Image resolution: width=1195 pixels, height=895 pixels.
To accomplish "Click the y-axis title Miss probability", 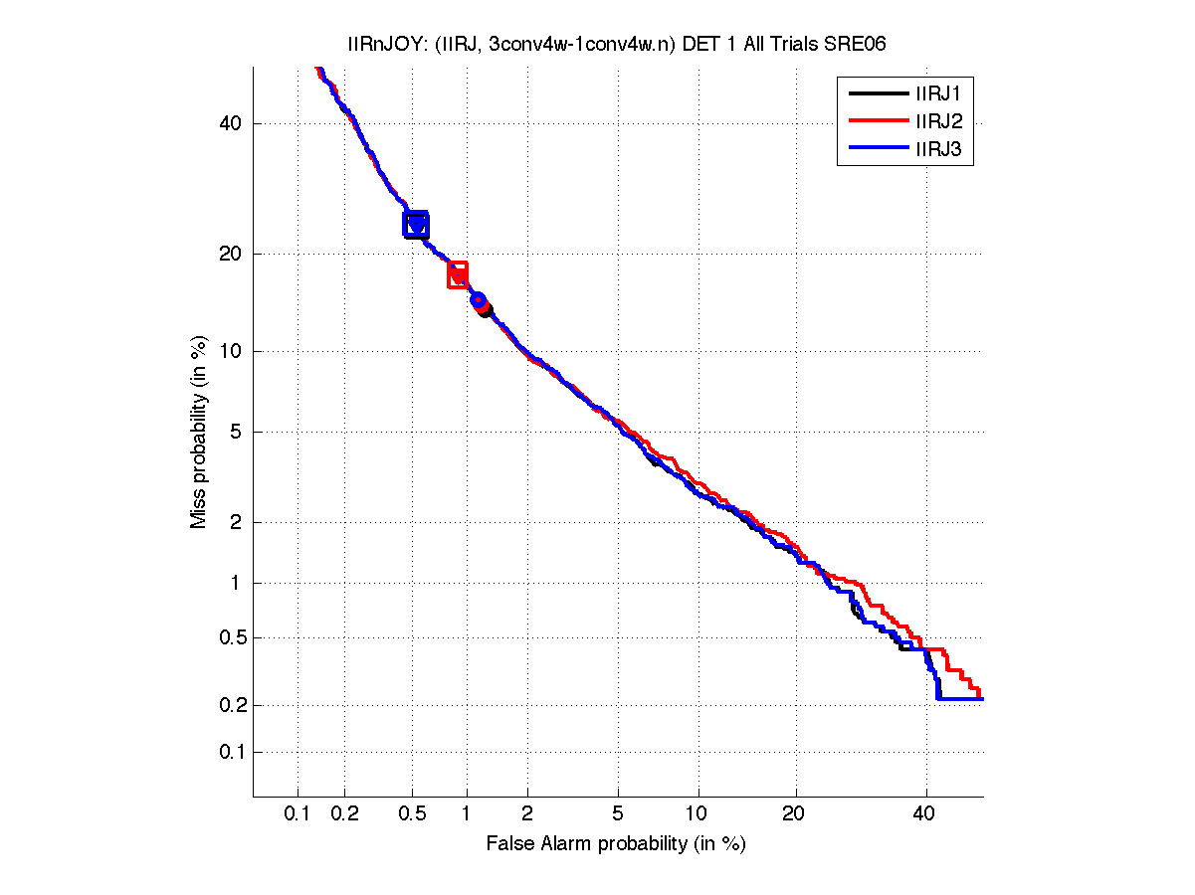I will tap(199, 433).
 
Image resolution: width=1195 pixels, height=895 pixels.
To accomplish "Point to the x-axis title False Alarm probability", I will tap(616, 844).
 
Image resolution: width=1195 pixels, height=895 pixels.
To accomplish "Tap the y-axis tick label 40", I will tap(230, 123).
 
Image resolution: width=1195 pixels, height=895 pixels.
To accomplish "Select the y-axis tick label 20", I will tap(230, 254).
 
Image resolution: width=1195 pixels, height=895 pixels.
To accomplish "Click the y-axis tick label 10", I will tap(230, 351).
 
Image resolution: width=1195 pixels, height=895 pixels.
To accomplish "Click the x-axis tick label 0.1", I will tap(298, 814).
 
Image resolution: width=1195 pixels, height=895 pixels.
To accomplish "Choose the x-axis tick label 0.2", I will tap(344, 814).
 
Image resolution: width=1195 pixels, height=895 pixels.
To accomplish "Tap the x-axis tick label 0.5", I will tap(413, 814).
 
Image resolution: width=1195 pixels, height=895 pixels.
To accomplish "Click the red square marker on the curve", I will tap(458, 274).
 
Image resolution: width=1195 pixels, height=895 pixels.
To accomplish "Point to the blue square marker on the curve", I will tap(416, 224).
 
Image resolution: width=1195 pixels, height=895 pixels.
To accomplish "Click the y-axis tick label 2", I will tap(235, 522).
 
